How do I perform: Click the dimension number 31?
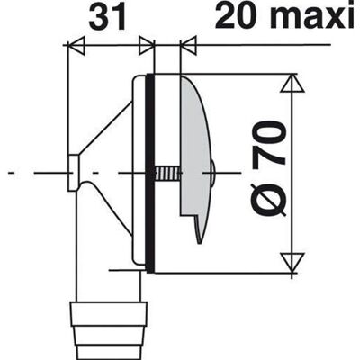point(107,19)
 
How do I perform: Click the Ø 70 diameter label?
point(269,168)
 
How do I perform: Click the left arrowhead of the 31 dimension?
point(76,46)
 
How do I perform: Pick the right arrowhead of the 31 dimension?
point(147,46)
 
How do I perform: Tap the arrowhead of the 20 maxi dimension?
point(189,46)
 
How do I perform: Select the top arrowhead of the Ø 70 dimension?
point(292,83)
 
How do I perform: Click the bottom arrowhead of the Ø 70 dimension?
point(292,263)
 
